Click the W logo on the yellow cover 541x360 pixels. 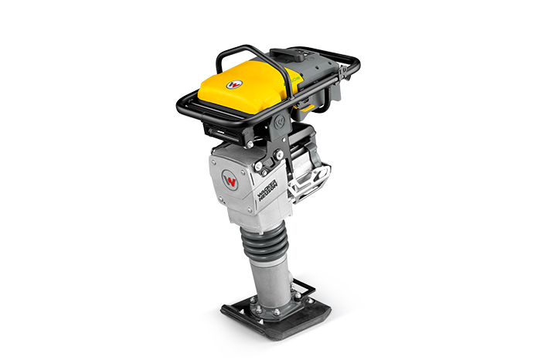(236, 83)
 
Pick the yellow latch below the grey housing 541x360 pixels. (308, 107)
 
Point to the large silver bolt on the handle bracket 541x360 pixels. (279, 155)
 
